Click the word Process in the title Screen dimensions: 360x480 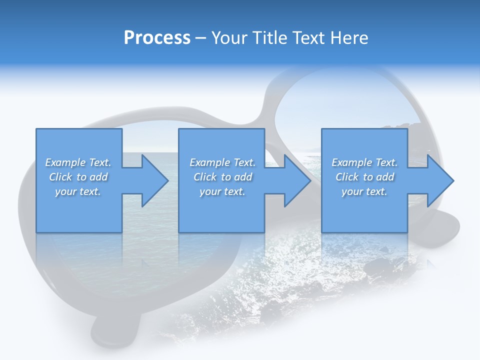pyautogui.click(x=157, y=38)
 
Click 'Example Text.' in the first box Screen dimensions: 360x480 pyautogui.click(x=78, y=162)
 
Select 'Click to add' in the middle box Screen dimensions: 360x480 pyautogui.click(x=222, y=177)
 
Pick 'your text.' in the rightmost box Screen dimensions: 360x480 pyautogui.click(x=364, y=191)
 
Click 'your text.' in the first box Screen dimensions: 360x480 pyautogui.click(x=78, y=191)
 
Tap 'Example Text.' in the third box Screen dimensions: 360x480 pyautogui.click(x=364, y=162)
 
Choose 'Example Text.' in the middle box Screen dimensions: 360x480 pyautogui.click(x=222, y=162)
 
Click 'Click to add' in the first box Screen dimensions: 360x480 pyautogui.click(x=78, y=177)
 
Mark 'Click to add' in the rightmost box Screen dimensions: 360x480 pyautogui.click(x=364, y=177)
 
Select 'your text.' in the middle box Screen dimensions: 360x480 pyautogui.click(x=222, y=191)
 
